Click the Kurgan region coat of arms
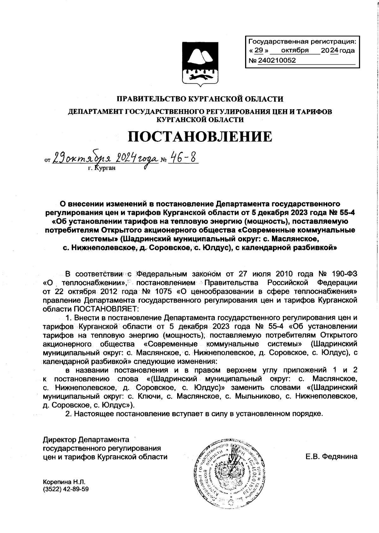[x=200, y=63]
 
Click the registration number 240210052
[x=277, y=60]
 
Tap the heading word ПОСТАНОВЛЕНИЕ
[x=200, y=136]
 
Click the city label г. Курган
[x=102, y=168]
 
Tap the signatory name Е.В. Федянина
[x=332, y=457]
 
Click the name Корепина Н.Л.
[x=64, y=482]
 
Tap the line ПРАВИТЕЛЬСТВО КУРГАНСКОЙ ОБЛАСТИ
[x=200, y=99]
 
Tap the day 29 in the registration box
[x=259, y=50]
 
